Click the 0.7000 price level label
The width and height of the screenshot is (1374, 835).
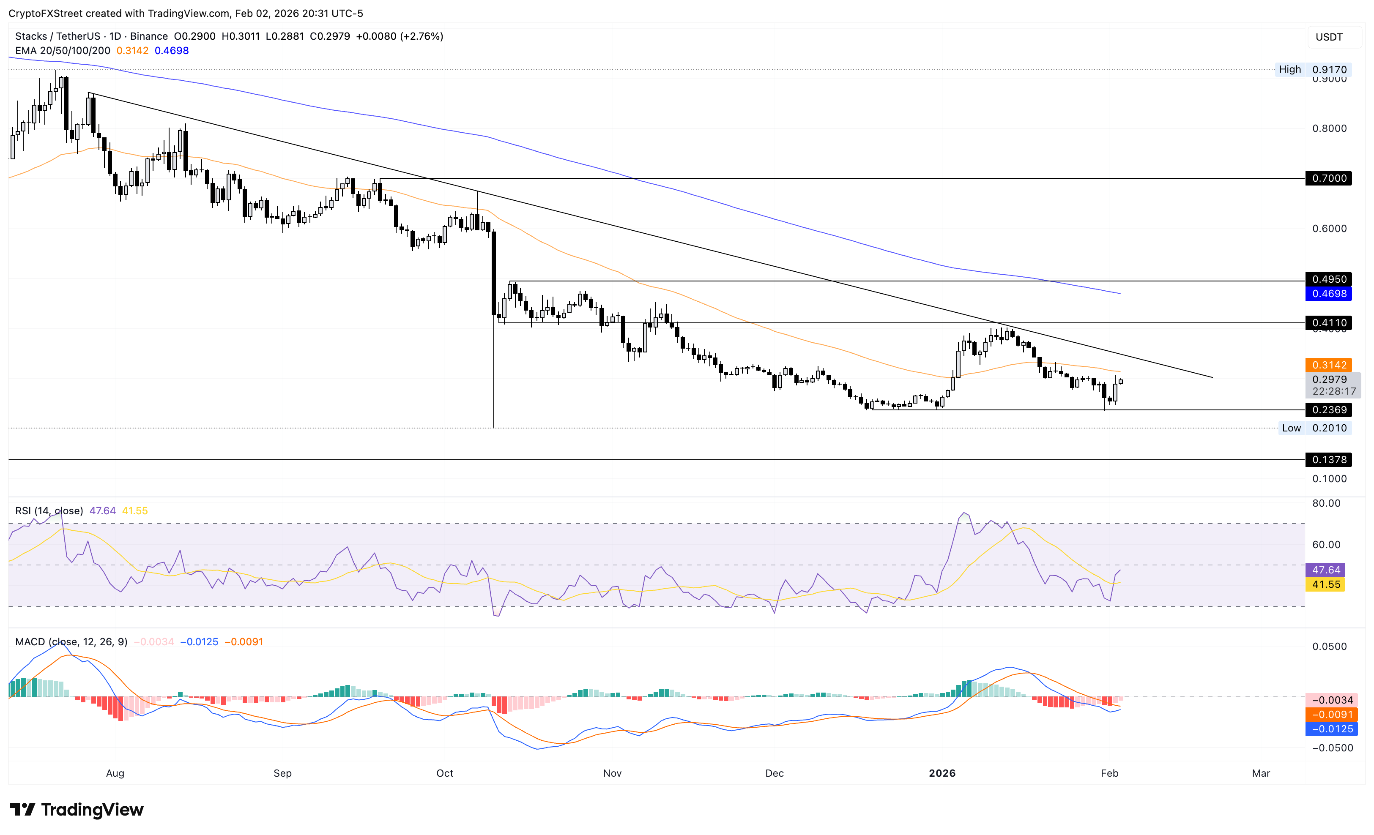[x=1328, y=178]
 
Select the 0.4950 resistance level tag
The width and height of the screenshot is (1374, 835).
[x=1328, y=279]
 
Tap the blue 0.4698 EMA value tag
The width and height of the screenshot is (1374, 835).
[x=1328, y=294]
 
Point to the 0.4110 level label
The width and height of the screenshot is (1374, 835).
[x=1328, y=323]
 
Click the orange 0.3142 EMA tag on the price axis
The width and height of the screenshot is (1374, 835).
[x=1328, y=365]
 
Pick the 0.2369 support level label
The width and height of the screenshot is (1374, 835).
[x=1328, y=410]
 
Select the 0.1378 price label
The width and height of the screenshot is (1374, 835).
[x=1328, y=460]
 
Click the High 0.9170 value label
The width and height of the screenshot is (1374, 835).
[x=1329, y=70]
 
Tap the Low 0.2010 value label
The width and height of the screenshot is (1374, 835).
[x=1329, y=428]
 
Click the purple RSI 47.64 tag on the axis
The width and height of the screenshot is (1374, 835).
[x=1325, y=570]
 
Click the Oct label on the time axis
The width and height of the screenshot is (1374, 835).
[x=444, y=773]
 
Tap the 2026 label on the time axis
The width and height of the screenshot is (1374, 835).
[x=942, y=773]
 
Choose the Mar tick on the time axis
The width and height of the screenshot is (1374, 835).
[x=1261, y=773]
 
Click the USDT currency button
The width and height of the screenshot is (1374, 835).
[x=1329, y=37]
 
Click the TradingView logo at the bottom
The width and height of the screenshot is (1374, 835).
[x=77, y=809]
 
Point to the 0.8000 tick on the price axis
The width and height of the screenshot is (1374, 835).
[x=1329, y=128]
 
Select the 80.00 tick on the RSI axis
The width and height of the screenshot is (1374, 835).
[x=1326, y=503]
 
